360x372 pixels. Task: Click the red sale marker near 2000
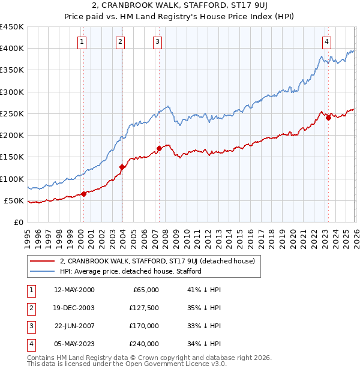tap(83, 193)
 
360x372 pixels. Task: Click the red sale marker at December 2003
tap(122, 167)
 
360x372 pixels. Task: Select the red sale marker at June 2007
tap(159, 148)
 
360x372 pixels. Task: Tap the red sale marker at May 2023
tap(328, 118)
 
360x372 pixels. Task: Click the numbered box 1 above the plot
tap(81, 41)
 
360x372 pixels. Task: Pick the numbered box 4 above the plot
tap(326, 41)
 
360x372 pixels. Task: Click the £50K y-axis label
tap(14, 200)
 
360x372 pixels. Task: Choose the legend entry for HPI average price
tap(130, 271)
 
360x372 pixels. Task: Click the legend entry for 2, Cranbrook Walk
tap(157, 261)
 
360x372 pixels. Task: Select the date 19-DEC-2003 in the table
tap(74, 308)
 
